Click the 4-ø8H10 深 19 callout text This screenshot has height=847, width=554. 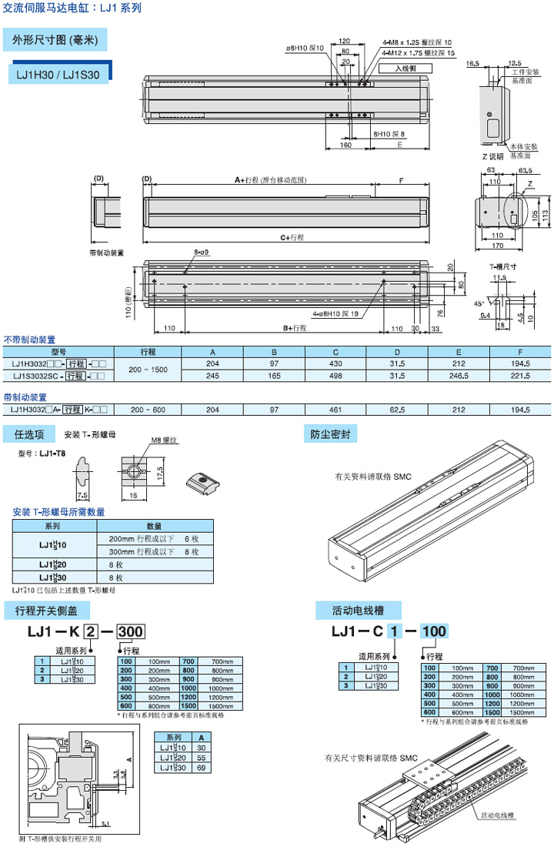(x=339, y=313)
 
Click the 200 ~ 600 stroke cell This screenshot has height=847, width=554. (x=148, y=410)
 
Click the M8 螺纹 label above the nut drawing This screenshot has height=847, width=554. (x=164, y=440)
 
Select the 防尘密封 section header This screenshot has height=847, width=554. (x=330, y=434)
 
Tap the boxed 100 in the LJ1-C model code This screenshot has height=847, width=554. (x=434, y=632)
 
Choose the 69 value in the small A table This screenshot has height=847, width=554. (x=201, y=768)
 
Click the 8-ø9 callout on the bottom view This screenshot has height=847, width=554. (x=202, y=252)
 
